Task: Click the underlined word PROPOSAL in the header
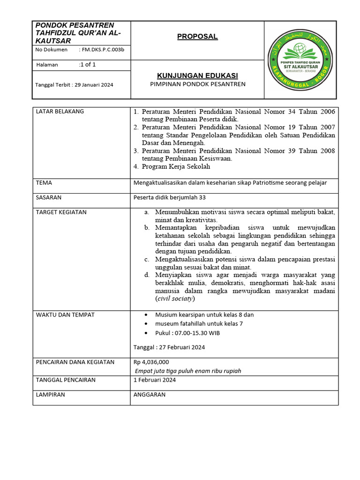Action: tap(197, 37)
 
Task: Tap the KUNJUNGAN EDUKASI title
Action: tap(197, 75)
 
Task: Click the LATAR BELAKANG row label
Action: tap(60, 112)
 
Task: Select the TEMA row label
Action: tap(44, 183)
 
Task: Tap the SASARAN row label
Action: tap(49, 198)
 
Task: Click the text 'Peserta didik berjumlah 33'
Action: tap(170, 198)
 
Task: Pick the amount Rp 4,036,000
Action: tap(151, 362)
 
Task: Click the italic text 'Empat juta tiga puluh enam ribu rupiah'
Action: tap(188, 371)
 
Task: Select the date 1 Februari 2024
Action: tap(155, 380)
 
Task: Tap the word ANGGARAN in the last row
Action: tap(150, 395)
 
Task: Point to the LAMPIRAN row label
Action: tap(51, 395)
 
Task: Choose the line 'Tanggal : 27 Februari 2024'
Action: tap(169, 347)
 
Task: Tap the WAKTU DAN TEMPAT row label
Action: tap(65, 315)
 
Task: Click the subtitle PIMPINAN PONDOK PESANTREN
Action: tap(197, 84)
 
